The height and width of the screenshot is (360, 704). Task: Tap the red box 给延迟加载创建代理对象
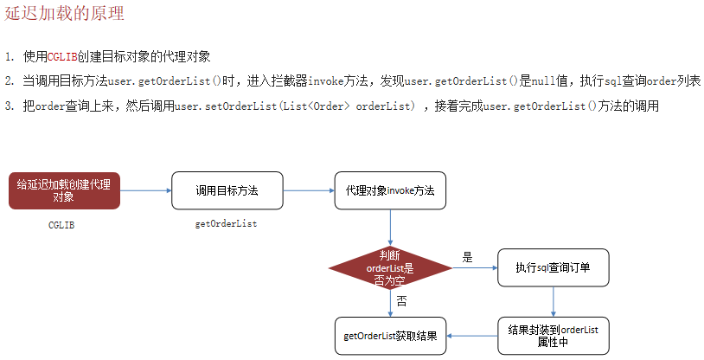(64, 190)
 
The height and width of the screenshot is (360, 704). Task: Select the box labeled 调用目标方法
(227, 190)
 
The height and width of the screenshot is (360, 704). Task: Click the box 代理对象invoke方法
(390, 190)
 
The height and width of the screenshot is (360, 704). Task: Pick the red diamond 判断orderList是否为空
(390, 267)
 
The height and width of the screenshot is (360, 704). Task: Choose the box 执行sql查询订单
(554, 267)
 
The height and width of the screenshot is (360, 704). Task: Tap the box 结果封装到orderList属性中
(554, 336)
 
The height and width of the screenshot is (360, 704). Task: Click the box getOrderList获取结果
(390, 336)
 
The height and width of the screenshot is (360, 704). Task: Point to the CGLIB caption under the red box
(62, 224)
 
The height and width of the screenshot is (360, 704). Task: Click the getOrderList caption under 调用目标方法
(227, 224)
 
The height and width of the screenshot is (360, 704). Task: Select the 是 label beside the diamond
(468, 258)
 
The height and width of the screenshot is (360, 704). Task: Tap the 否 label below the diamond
(402, 302)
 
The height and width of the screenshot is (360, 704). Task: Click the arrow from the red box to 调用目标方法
(145, 190)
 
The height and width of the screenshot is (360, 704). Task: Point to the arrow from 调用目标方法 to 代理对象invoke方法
(308, 190)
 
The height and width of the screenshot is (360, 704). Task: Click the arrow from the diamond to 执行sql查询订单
(475, 267)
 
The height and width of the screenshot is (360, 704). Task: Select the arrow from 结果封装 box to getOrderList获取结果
(472, 336)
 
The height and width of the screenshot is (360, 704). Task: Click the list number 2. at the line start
(9, 80)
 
